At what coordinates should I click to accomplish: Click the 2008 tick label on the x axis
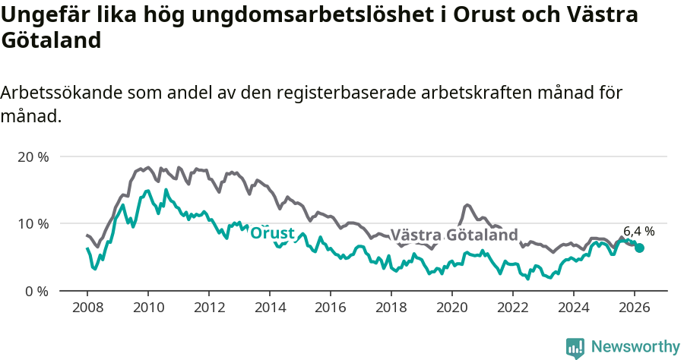pyautogui.click(x=87, y=308)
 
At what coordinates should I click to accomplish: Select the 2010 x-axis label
pyautogui.click(x=147, y=308)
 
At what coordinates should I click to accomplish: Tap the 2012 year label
pyautogui.click(x=209, y=308)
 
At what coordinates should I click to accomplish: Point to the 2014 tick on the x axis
pyautogui.click(x=270, y=308)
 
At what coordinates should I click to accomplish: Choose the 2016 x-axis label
pyautogui.click(x=331, y=308)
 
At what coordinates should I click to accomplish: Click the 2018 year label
pyautogui.click(x=391, y=308)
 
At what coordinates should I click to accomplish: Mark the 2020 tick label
pyautogui.click(x=452, y=308)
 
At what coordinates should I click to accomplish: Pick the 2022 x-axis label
pyautogui.click(x=513, y=308)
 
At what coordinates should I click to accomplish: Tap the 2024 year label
pyautogui.click(x=574, y=308)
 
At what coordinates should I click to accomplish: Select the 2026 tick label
pyautogui.click(x=635, y=308)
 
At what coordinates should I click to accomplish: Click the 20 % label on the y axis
pyautogui.click(x=33, y=156)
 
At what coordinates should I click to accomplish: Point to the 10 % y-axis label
pyautogui.click(x=33, y=224)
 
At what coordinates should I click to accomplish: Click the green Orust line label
pyautogui.click(x=272, y=233)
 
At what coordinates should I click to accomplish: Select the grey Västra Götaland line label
pyautogui.click(x=454, y=235)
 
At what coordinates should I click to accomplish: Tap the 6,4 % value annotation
pyautogui.click(x=639, y=231)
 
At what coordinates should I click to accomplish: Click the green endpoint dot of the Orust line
pyautogui.click(x=639, y=248)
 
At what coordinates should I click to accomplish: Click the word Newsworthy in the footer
pyautogui.click(x=635, y=347)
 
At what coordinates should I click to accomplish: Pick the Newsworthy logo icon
pyautogui.click(x=575, y=348)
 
